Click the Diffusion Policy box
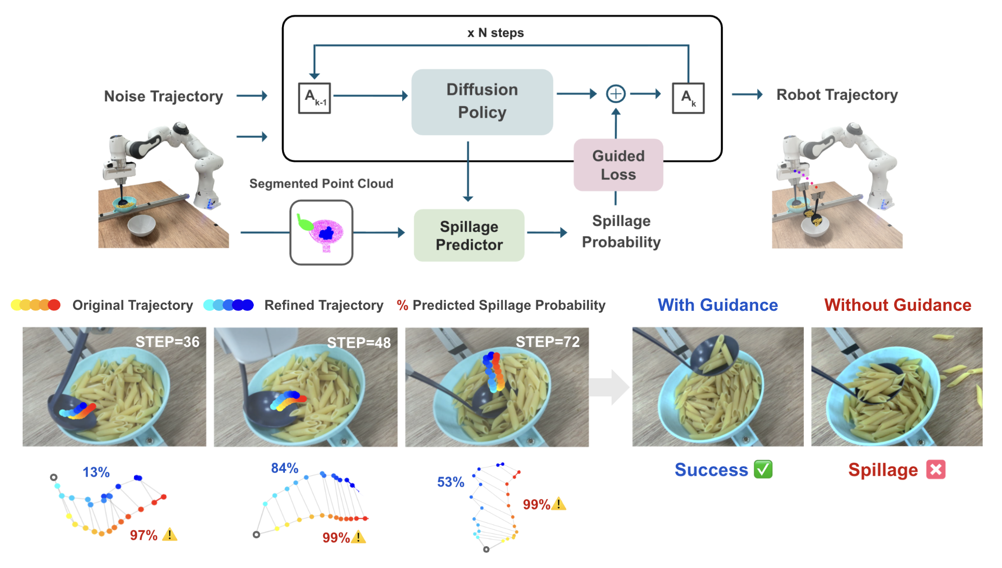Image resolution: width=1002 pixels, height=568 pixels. [482, 102]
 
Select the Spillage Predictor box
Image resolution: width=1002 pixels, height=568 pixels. [469, 235]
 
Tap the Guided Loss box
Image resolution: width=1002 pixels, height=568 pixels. [618, 165]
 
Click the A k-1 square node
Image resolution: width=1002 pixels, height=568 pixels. [314, 98]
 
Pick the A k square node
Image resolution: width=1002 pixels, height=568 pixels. [688, 98]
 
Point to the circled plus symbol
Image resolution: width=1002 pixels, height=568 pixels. [616, 94]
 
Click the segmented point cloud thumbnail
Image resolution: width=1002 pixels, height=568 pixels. [321, 232]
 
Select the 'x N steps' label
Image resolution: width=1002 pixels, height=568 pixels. [495, 33]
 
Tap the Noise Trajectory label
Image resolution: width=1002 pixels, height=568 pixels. [163, 96]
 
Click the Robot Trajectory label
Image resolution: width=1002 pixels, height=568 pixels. [837, 95]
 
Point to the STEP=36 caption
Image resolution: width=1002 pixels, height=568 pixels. [167, 342]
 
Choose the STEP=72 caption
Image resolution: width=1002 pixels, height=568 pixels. [547, 342]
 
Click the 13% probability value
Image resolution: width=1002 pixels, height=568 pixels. [96, 472]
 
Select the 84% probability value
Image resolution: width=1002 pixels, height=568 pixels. [285, 468]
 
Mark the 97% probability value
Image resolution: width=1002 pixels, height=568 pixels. [143, 535]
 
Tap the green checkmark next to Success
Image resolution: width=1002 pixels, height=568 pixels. [763, 469]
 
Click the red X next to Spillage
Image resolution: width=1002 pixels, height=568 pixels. [935, 469]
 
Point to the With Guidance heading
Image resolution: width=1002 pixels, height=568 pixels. [717, 305]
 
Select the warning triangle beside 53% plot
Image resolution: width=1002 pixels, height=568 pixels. [559, 504]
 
